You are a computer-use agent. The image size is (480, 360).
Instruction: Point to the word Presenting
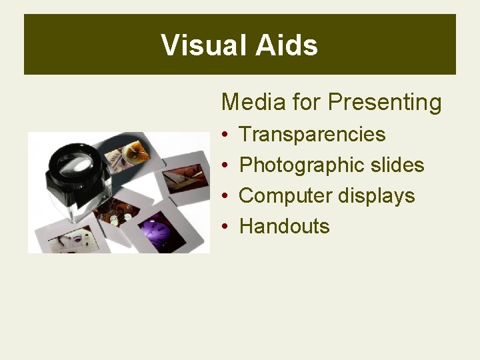385,103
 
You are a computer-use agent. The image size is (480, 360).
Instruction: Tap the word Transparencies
312,134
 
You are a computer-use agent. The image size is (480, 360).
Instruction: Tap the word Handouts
284,227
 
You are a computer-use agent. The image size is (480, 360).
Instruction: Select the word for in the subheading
307,102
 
